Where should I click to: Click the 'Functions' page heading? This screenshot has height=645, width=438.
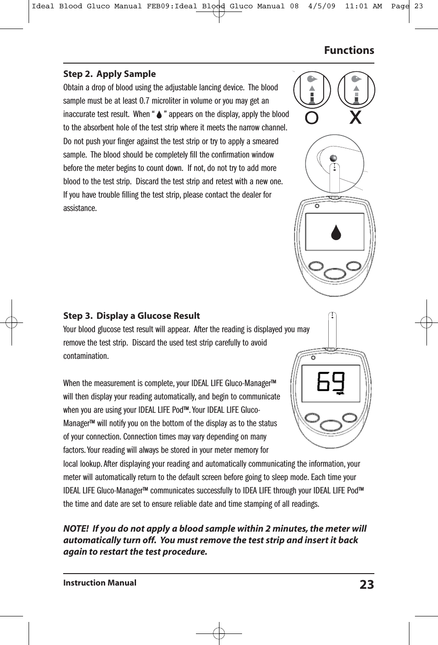(349, 50)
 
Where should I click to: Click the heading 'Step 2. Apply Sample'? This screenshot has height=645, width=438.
(109, 74)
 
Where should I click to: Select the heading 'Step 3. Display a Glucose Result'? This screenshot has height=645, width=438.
(131, 316)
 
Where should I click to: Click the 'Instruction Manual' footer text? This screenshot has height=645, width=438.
(100, 583)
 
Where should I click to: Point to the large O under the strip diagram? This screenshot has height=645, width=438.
(312, 118)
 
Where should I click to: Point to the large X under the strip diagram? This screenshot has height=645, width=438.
(355, 118)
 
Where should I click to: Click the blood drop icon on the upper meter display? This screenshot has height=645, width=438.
(337, 233)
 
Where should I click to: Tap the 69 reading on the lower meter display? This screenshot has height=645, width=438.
(331, 382)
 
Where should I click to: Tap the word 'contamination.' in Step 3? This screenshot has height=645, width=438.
(86, 357)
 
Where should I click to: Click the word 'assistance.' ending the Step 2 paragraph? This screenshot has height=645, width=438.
(80, 208)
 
